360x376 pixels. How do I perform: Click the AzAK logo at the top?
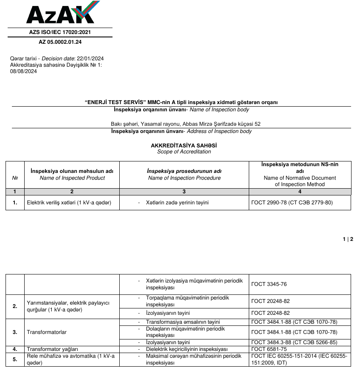click(60, 13)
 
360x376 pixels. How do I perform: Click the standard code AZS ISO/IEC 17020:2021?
click(60, 32)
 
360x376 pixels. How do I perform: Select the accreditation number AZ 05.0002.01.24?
click(60, 42)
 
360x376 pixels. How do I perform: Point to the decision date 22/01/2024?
click(90, 59)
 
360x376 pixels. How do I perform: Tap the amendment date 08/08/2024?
click(23, 71)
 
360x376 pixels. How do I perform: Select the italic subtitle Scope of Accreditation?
click(184, 152)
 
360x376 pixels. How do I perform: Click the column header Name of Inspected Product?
click(72, 178)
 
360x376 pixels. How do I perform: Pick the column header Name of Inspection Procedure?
click(184, 178)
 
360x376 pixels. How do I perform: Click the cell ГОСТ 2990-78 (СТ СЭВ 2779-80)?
click(292, 203)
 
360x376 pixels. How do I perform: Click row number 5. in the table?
click(15, 359)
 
